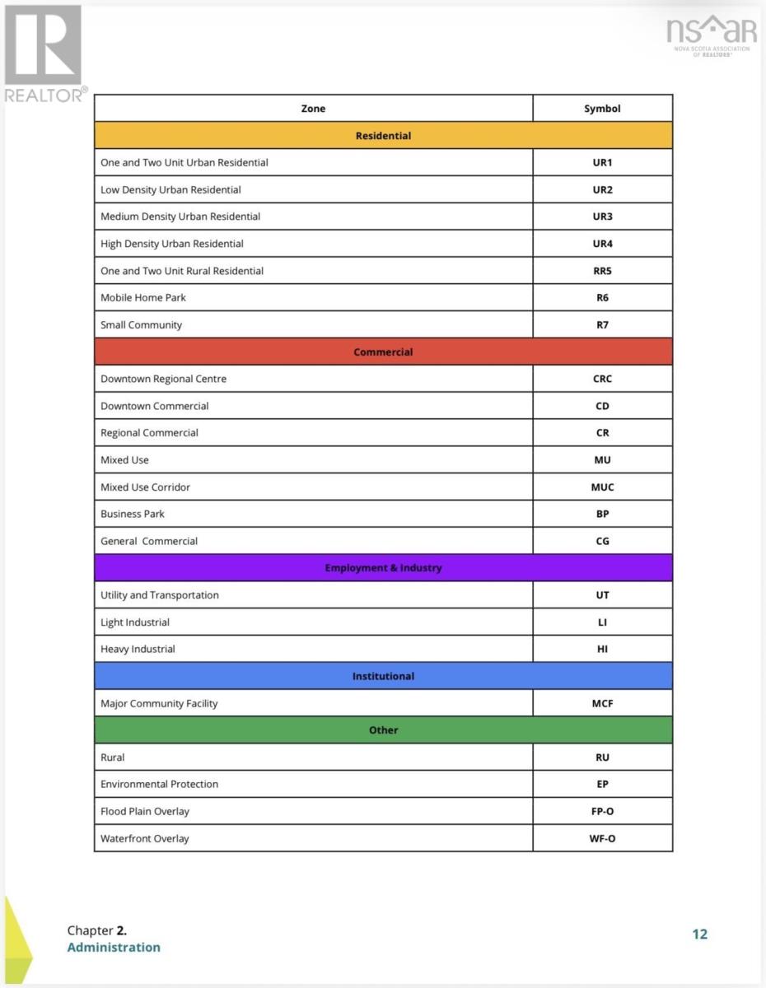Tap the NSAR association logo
(x=712, y=35)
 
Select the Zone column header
(x=313, y=109)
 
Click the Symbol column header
(x=602, y=109)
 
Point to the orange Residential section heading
(x=383, y=136)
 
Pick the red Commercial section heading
(x=383, y=352)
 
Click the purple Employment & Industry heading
(x=383, y=568)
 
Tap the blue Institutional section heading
(x=383, y=676)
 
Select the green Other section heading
(x=383, y=730)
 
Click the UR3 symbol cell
(x=602, y=217)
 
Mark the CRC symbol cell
(x=602, y=379)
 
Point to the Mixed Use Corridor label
(x=145, y=487)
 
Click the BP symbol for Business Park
(x=602, y=514)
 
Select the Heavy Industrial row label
(x=138, y=649)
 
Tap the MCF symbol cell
(x=602, y=703)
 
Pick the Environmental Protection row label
(x=159, y=784)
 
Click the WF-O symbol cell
(x=602, y=838)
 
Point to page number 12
(x=699, y=934)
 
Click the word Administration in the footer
(x=114, y=947)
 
